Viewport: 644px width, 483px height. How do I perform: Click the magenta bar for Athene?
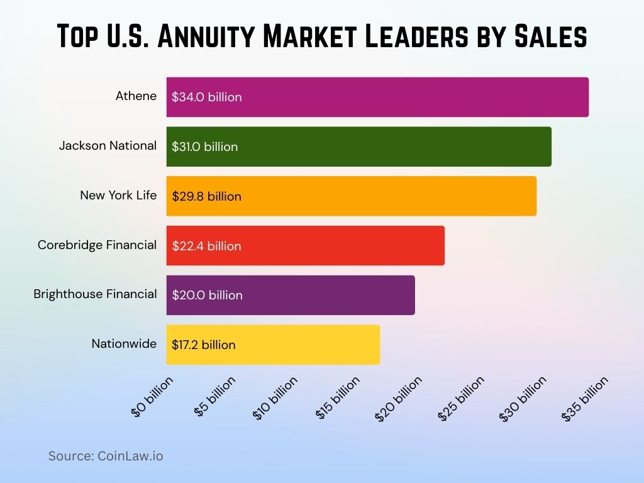point(377,97)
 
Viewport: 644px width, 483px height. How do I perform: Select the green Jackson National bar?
point(358,147)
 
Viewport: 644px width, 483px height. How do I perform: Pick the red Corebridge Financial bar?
point(305,245)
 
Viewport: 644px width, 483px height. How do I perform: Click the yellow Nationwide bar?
point(273,345)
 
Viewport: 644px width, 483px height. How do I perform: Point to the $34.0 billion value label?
point(206,97)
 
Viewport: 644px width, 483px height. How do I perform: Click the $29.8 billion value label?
point(206,196)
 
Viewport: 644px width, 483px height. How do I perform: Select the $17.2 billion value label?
point(203,345)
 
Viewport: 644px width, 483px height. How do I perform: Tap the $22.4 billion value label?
point(206,246)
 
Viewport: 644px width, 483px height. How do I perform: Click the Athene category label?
point(136,96)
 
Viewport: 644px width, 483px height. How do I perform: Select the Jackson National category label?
point(108,146)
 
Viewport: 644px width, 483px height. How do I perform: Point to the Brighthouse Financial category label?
point(95,294)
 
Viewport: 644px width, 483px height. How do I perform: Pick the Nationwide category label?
point(124,344)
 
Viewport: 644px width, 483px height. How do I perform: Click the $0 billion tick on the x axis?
point(152,397)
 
